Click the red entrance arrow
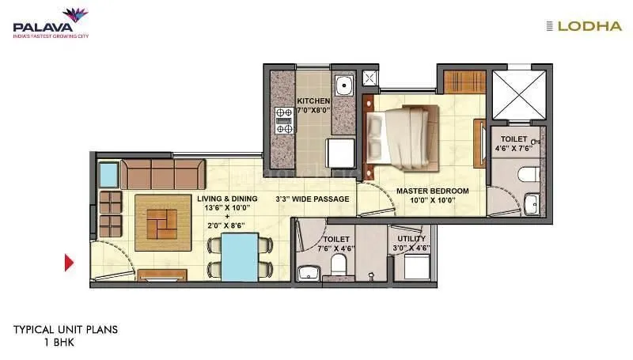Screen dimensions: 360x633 69,262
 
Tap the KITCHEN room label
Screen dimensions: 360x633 313,101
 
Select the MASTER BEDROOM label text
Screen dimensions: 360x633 432,191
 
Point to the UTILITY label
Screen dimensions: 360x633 411,238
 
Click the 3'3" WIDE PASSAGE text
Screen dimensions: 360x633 312,199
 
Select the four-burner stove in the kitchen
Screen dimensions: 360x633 283,119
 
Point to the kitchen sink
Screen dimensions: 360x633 343,85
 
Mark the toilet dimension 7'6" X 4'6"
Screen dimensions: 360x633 338,248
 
